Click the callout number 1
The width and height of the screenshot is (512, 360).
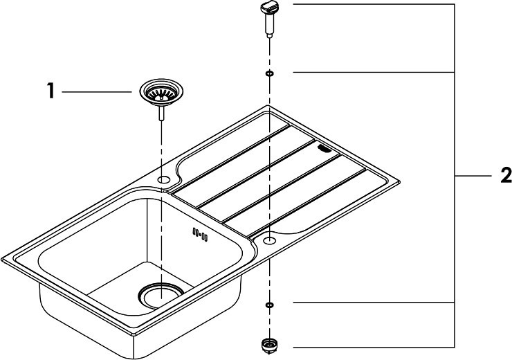(51, 91)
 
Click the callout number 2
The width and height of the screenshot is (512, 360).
(506, 175)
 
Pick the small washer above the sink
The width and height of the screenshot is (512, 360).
(270, 73)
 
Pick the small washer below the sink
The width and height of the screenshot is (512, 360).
(270, 305)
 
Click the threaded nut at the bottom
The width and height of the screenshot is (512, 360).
(269, 346)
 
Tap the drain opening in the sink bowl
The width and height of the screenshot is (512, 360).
(161, 296)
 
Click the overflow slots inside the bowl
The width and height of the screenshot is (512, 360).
(200, 234)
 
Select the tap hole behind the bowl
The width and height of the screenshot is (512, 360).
(163, 179)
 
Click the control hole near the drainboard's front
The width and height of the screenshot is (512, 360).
(270, 240)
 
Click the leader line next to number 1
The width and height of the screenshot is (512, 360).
(97, 92)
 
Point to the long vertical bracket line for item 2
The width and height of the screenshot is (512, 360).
(455, 175)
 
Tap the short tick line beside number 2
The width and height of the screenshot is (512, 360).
(473, 176)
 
